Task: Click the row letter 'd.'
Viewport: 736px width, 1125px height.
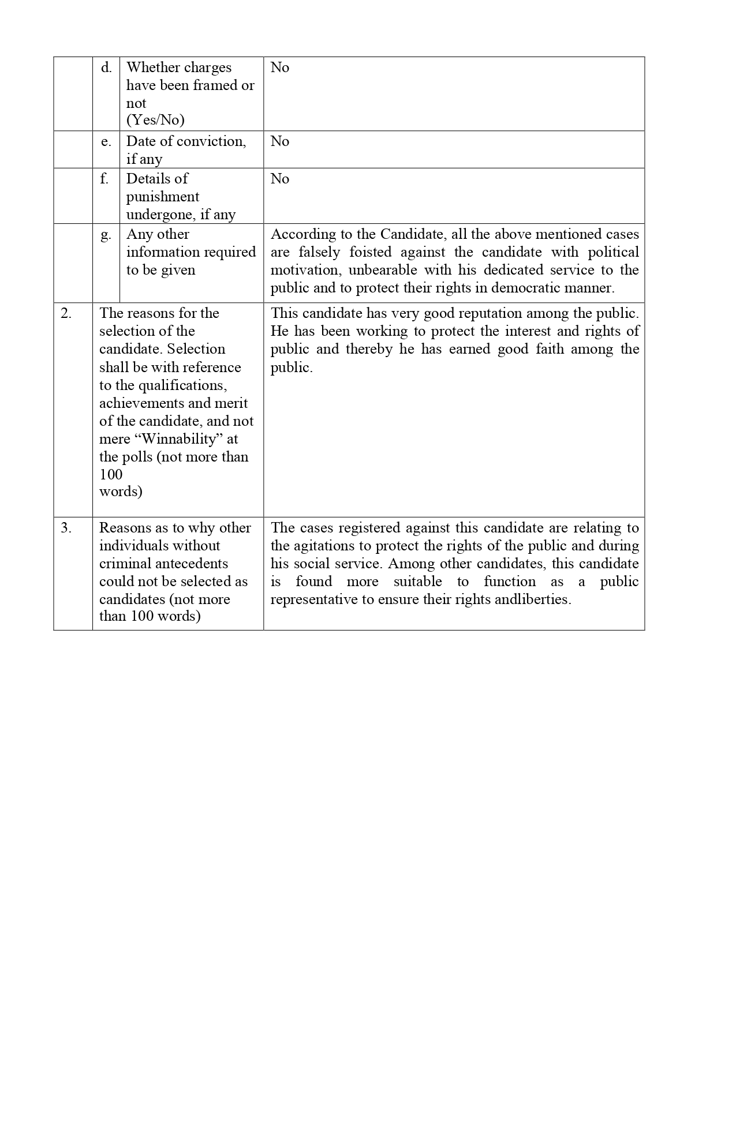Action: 106,68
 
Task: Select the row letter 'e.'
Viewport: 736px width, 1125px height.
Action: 106,142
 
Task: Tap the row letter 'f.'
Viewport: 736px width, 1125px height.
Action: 104,179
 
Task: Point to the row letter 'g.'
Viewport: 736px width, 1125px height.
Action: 106,235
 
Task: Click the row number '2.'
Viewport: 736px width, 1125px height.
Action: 66,313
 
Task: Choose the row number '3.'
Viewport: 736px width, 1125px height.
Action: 66,528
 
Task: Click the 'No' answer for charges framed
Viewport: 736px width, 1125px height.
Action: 280,67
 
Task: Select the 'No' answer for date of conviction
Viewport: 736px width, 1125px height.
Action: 280,141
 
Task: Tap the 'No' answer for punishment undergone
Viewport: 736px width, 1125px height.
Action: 280,179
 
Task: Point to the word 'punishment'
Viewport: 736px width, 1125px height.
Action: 163,197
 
